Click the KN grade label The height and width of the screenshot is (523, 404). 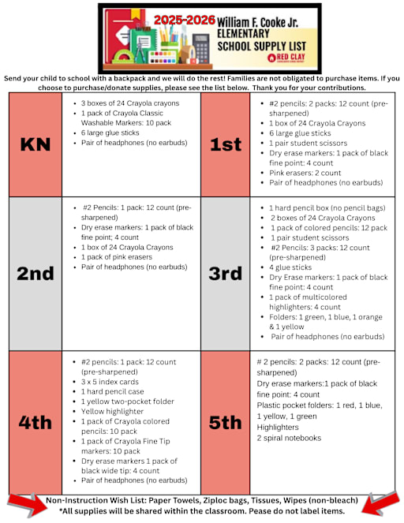[35, 144]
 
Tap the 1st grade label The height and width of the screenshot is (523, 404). [225, 144]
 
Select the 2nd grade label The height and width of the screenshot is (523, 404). [35, 274]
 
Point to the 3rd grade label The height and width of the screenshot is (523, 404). [225, 274]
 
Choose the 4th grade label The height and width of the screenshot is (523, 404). [35, 422]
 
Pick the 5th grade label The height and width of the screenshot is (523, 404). [225, 422]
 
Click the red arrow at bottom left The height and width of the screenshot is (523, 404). [24, 505]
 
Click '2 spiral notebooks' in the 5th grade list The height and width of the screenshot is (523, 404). [289, 438]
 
